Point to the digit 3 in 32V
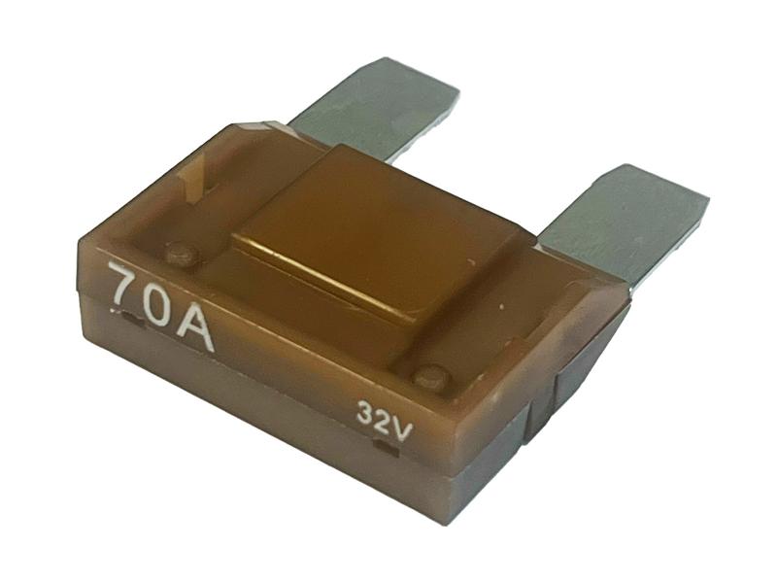pos(365,414)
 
